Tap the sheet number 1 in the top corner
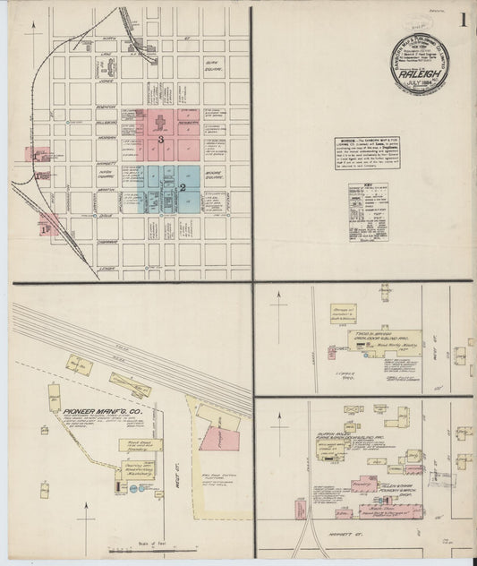[x=463, y=19]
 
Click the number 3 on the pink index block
[x=160, y=140]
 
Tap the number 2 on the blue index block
[x=183, y=187]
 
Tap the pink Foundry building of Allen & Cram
[x=362, y=485]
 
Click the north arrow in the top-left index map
[x=33, y=30]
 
